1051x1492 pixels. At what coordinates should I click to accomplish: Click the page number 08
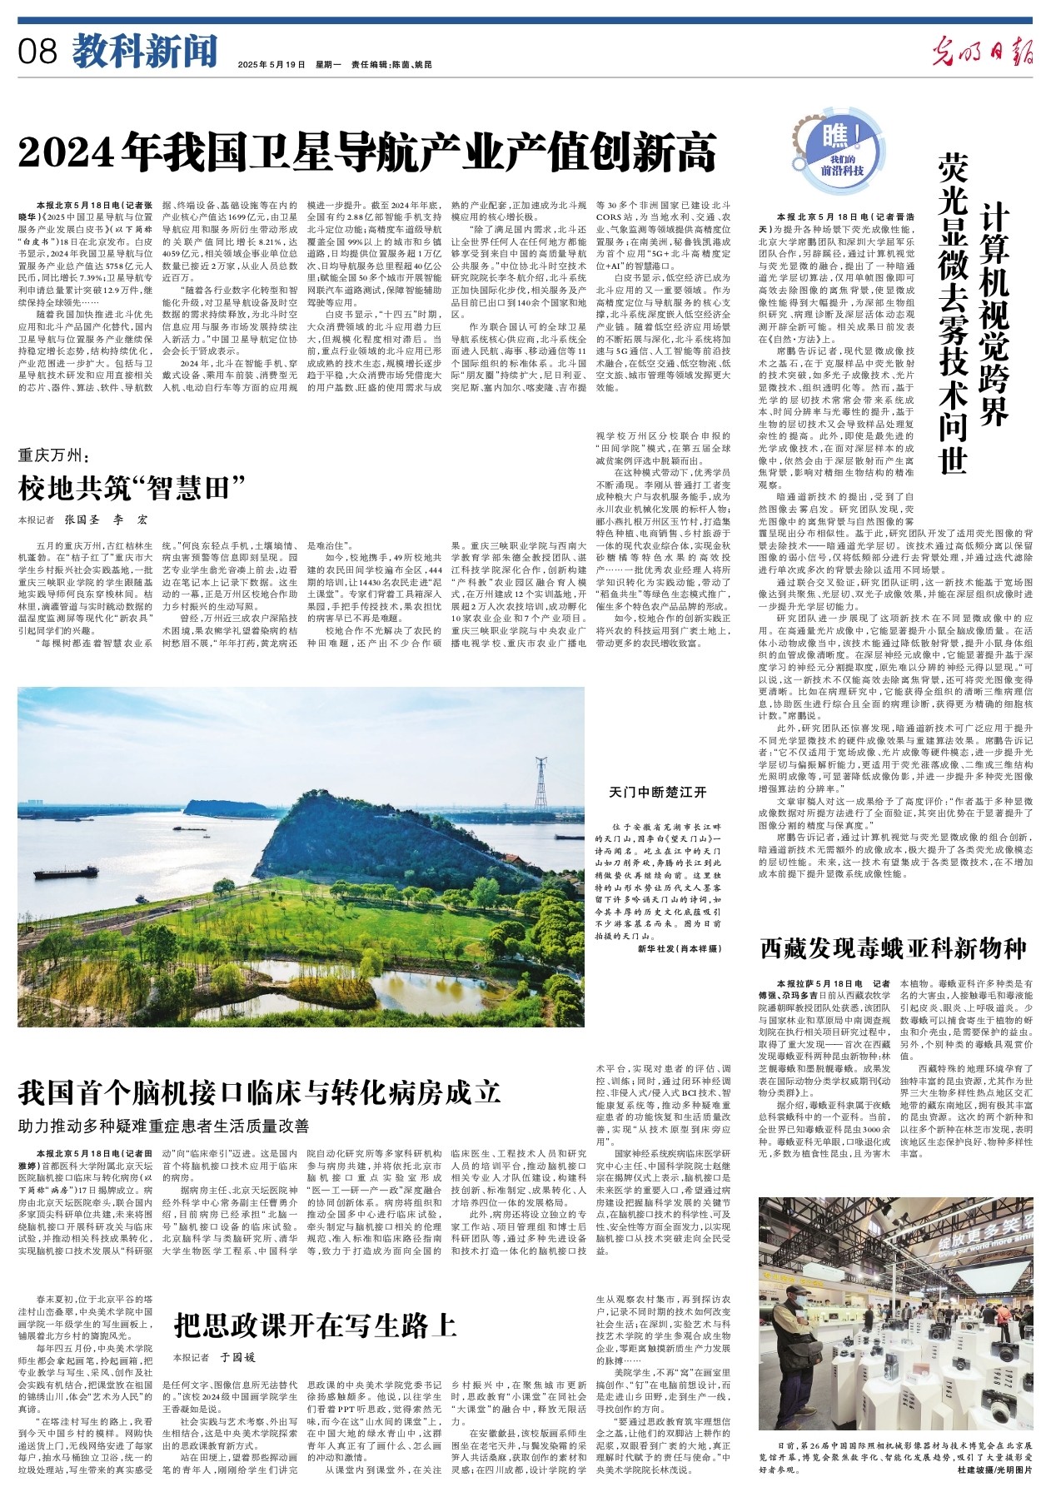pyautogui.click(x=38, y=52)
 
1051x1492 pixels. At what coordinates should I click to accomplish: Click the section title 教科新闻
pyautogui.click(x=143, y=52)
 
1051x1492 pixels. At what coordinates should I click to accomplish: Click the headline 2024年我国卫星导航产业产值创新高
pyautogui.click(x=367, y=153)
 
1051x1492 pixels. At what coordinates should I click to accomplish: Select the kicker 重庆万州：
pyautogui.click(x=58, y=455)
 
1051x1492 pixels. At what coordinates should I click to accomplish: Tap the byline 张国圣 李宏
pyautogui.click(x=106, y=520)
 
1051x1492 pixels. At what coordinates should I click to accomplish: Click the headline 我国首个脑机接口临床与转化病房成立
pyautogui.click(x=259, y=1092)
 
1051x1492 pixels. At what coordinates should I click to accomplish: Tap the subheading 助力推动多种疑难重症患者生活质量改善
pyautogui.click(x=164, y=1126)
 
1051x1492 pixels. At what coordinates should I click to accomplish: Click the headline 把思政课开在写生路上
pyautogui.click(x=316, y=1325)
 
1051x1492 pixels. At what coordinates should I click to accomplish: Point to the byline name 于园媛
pyautogui.click(x=238, y=1357)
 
